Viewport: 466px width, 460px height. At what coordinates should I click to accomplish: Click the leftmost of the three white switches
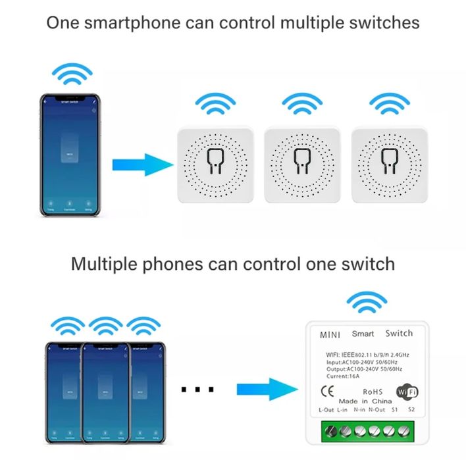(214, 164)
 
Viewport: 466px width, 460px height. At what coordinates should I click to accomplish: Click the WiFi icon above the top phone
(72, 75)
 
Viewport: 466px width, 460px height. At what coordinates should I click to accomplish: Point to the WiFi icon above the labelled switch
(367, 302)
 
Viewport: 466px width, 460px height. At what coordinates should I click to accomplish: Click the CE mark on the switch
(327, 391)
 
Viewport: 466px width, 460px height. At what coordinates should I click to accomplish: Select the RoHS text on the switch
(373, 391)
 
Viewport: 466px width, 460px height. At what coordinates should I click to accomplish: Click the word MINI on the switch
(330, 334)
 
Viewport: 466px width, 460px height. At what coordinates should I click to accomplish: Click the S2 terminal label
(411, 410)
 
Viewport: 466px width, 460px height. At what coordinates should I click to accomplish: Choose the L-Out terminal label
(326, 410)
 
